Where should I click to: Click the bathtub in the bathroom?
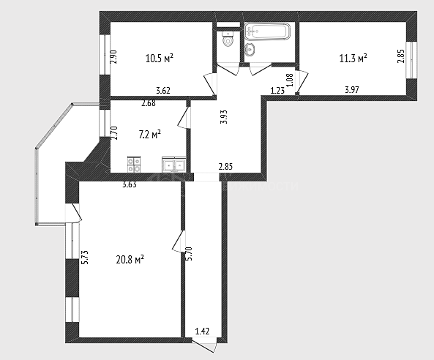[267, 31]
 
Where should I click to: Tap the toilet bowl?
[228, 39]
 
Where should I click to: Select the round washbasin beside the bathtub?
[250, 50]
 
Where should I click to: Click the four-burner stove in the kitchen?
[134, 165]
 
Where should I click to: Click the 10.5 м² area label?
[160, 59]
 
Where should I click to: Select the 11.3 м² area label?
[353, 59]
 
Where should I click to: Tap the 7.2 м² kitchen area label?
[150, 135]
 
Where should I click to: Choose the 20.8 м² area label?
[130, 260]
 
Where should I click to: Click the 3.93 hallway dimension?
[224, 117]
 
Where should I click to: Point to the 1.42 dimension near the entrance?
[202, 331]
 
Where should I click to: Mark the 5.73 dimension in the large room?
[85, 258]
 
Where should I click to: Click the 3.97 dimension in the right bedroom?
[352, 90]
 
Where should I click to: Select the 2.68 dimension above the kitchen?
[149, 103]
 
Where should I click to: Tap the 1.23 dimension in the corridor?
[277, 90]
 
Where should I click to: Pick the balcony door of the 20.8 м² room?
[73, 213]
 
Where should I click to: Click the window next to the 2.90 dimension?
[105, 54]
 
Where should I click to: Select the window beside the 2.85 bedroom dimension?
[411, 60]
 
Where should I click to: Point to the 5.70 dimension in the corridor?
[190, 254]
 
